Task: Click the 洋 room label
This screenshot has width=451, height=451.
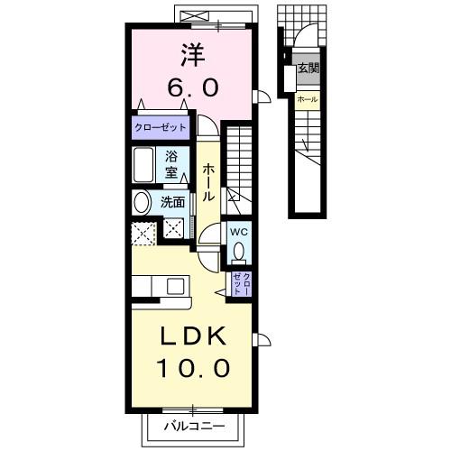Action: pos(193,55)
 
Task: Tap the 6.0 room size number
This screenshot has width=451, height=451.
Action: pos(193,88)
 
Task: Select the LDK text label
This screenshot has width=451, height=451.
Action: pos(193,336)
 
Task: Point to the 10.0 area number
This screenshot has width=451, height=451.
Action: pos(193,369)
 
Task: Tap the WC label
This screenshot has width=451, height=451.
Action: pos(239,232)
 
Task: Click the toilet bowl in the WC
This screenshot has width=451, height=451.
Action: pos(239,252)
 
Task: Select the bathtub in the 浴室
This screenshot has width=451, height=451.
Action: pos(143,165)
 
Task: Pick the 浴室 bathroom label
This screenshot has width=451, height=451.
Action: pos(171,165)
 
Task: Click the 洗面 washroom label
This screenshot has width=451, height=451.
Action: pos(172,202)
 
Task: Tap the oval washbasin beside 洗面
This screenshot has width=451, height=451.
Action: pos(142,203)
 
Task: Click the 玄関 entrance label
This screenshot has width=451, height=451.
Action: pos(308,69)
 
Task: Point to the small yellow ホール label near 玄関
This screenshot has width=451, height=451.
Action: pos(308,99)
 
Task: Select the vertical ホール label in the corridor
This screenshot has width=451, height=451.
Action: pos(208,182)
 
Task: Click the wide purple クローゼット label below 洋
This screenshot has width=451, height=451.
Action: pos(161,127)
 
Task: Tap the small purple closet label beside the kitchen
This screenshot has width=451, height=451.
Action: pos(242,284)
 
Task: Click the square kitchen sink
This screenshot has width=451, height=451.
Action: pos(176,286)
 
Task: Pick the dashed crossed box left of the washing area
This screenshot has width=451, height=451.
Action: pos(144,234)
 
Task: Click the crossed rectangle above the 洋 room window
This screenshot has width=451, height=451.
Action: pos(195,15)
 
